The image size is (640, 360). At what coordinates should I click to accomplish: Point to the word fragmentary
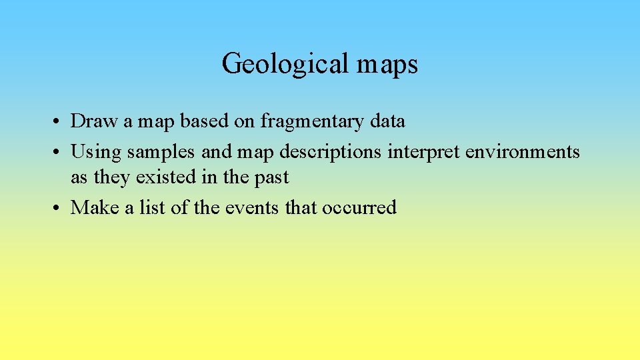coord(313,121)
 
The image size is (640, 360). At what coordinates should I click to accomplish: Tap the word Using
coord(96,152)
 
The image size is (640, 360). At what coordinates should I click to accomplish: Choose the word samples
coord(161,153)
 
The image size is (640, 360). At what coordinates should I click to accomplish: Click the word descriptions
coord(331,153)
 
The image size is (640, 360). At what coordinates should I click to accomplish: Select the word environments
coord(523,152)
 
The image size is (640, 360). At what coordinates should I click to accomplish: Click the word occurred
coord(359,208)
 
